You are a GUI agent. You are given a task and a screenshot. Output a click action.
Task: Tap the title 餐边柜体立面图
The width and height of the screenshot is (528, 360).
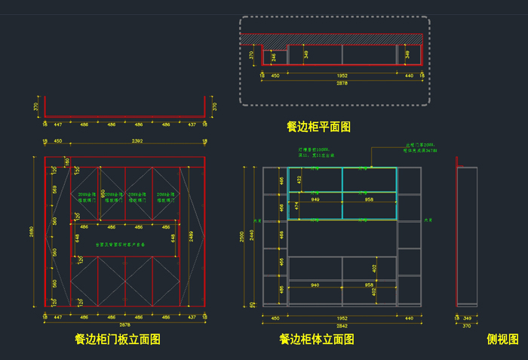click(317, 340)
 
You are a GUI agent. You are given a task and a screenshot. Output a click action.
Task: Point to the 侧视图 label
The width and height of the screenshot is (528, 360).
click(502, 340)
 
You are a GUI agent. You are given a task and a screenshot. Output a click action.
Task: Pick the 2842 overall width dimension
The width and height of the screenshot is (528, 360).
click(342, 325)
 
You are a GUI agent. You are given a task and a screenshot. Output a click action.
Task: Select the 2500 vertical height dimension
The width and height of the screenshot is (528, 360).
click(244, 235)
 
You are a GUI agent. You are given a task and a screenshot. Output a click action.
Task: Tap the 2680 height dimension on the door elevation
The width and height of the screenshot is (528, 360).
click(32, 232)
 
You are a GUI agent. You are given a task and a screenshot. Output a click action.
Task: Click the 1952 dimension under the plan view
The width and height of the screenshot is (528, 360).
click(342, 75)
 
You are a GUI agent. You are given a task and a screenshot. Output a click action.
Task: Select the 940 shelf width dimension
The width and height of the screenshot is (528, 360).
click(315, 285)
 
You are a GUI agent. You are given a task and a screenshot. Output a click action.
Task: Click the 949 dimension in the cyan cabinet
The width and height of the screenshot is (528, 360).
click(315, 200)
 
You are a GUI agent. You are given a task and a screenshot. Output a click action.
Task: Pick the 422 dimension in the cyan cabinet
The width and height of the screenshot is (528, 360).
click(299, 180)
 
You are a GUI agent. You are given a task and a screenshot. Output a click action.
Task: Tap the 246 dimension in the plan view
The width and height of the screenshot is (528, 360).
click(274, 56)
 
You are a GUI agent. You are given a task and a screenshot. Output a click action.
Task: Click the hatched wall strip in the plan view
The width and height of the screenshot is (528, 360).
click(332, 38)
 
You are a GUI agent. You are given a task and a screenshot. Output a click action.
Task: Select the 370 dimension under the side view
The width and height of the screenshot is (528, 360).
click(466, 325)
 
